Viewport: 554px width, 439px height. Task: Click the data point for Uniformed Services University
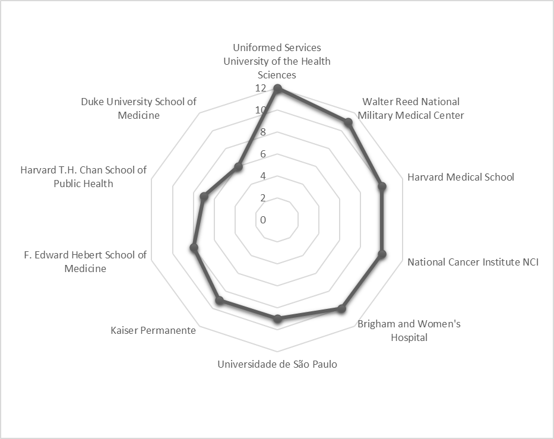[277, 89]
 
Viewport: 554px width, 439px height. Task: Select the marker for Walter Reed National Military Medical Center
[349, 122]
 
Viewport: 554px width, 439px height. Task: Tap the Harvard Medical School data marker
[382, 187]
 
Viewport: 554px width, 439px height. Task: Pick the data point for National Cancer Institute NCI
[382, 254]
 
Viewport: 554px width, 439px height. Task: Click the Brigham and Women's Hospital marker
[341, 308]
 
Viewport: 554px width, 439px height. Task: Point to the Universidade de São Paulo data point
[277, 320]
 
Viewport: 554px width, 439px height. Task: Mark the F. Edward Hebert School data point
[194, 248]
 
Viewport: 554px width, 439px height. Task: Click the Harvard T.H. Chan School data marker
[204, 196]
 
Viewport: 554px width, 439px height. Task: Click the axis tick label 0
[263, 220]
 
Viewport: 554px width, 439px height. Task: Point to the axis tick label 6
[263, 154]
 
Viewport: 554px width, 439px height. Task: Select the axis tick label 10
[261, 110]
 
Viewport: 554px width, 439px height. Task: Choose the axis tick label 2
[263, 198]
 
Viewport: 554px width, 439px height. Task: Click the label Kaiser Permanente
[153, 330]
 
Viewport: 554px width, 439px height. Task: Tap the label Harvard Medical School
[460, 177]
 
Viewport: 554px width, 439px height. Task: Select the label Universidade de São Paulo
[277, 364]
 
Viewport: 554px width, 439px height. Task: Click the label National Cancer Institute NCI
[473, 262]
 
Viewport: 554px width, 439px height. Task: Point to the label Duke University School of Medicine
[138, 108]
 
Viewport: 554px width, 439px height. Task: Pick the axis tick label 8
[263, 132]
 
